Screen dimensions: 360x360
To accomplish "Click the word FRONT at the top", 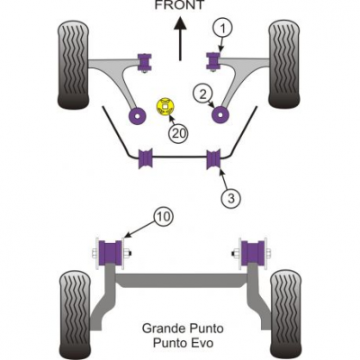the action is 179,4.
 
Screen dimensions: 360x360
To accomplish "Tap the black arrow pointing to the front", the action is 180,39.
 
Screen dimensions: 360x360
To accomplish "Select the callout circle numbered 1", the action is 222,29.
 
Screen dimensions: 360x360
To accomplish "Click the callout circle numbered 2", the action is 203,94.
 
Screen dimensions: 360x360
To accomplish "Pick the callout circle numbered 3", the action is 231,198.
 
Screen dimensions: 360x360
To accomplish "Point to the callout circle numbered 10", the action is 164,216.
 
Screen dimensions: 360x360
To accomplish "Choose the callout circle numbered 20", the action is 179,132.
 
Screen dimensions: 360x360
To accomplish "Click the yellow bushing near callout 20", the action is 166,107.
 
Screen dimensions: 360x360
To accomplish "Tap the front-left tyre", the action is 74,64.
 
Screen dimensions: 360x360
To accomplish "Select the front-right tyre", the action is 284,64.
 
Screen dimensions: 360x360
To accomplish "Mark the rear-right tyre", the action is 285,313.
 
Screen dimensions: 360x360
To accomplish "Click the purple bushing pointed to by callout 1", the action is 212,60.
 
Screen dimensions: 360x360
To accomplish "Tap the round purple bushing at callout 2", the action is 220,115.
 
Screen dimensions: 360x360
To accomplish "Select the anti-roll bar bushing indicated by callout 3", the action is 214,158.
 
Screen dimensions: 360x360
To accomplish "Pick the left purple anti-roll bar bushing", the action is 145,158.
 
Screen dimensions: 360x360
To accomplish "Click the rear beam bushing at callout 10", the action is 110,253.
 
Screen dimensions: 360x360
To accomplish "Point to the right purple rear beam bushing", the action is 253,253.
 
